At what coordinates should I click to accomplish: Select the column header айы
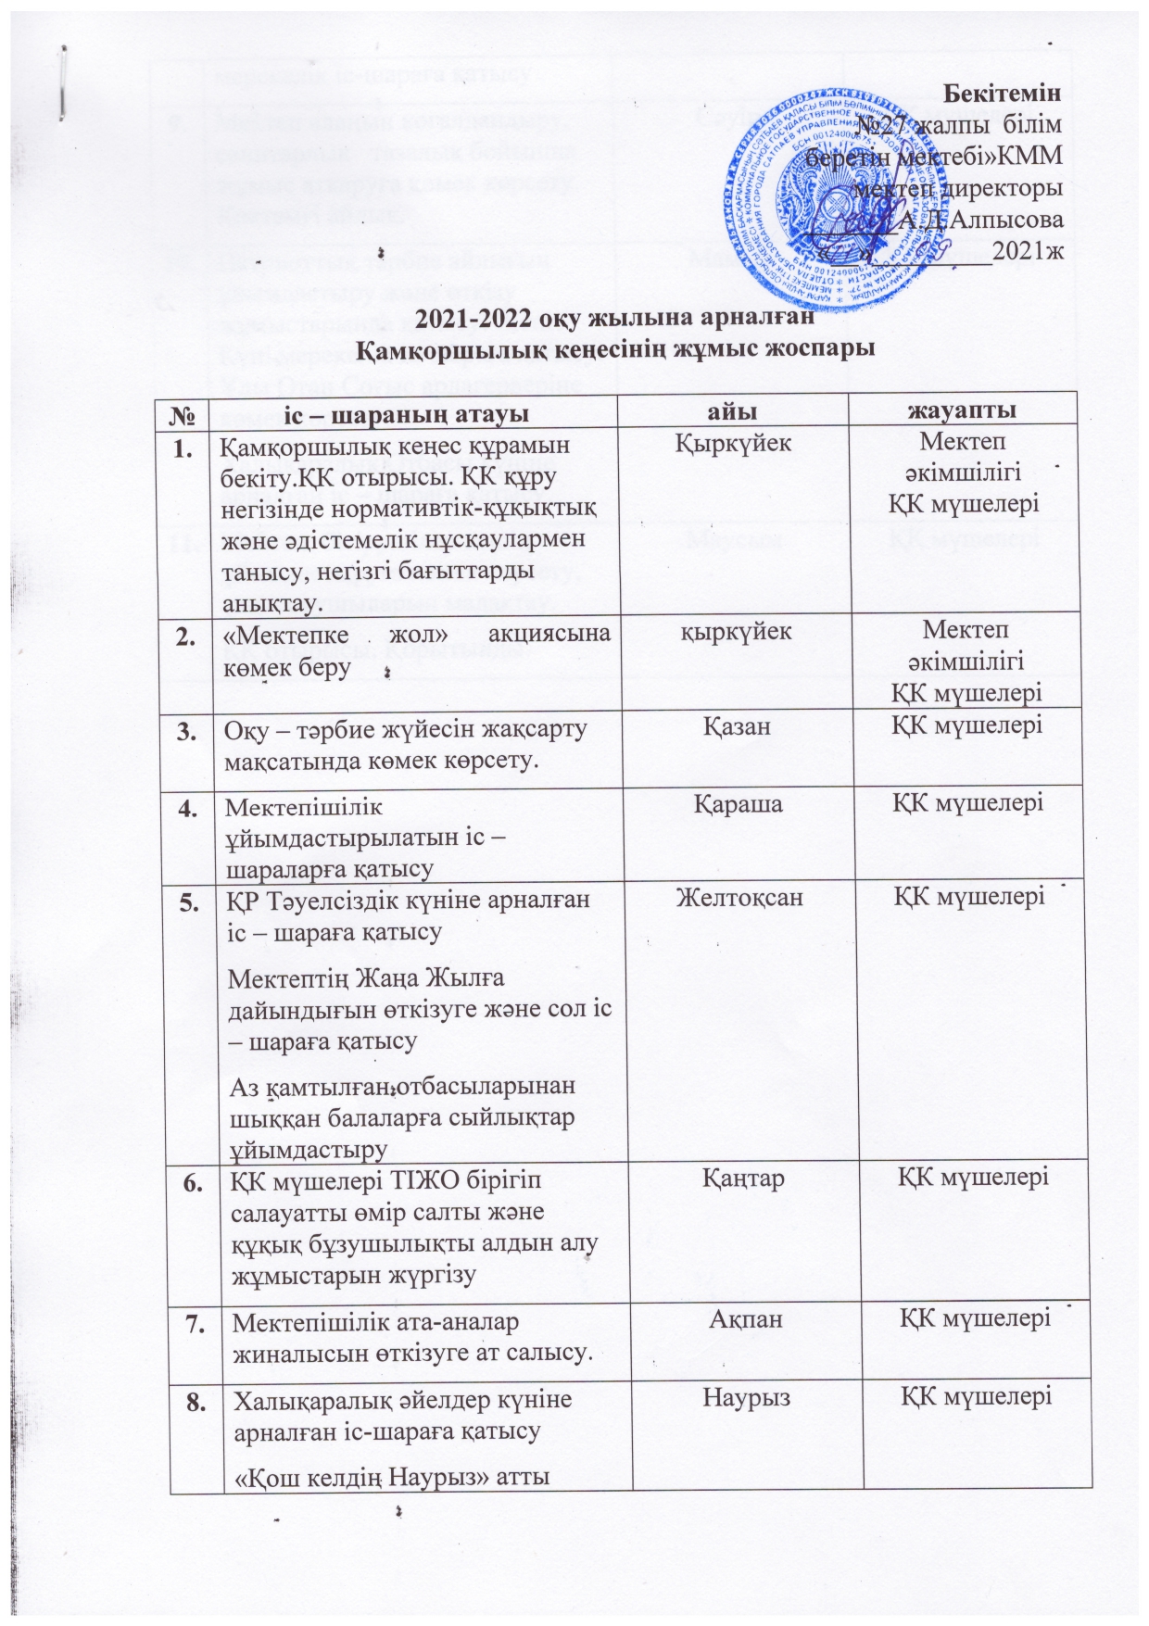click(738, 410)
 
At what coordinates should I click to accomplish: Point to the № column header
click(183, 411)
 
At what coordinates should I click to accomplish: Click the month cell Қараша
click(738, 803)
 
